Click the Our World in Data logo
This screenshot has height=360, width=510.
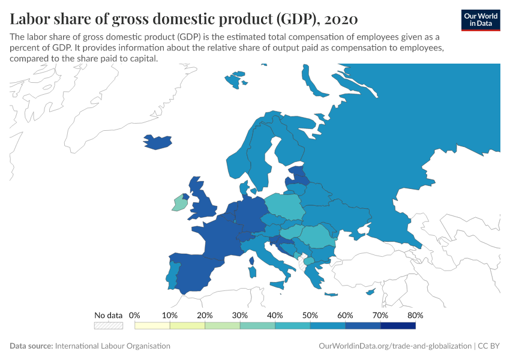(x=480, y=20)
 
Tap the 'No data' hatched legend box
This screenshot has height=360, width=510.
(x=108, y=325)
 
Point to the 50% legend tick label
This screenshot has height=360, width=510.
(x=310, y=315)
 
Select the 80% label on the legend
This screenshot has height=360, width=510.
(x=415, y=315)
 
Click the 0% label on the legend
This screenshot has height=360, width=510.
(x=135, y=315)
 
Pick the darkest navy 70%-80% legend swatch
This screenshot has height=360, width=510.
(x=398, y=325)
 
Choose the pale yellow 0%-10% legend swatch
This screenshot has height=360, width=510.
(x=152, y=325)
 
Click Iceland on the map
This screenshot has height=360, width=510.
(x=158, y=142)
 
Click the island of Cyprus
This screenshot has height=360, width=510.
(x=371, y=292)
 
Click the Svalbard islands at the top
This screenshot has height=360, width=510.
(x=235, y=80)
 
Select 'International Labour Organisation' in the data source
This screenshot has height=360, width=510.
(x=112, y=346)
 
